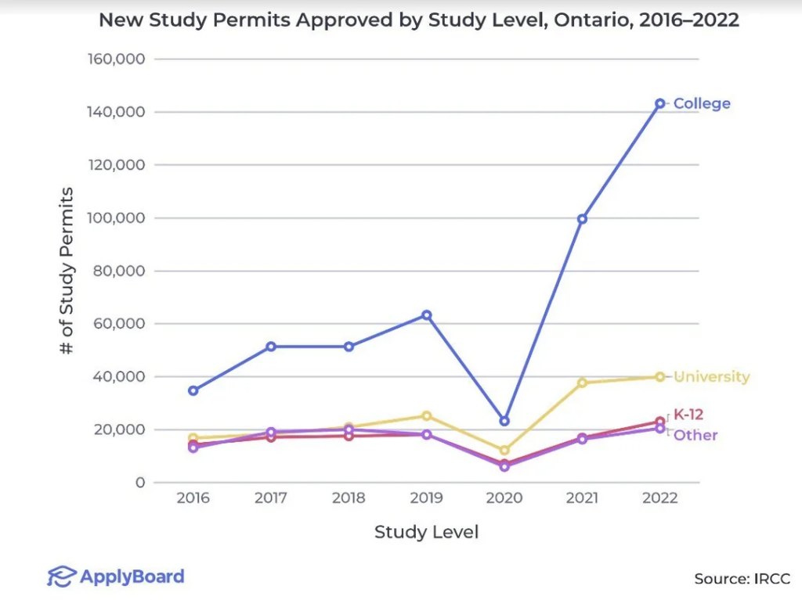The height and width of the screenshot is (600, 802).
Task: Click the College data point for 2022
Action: click(660, 103)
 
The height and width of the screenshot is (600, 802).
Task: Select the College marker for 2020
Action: click(504, 421)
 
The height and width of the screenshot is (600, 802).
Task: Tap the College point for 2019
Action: click(427, 315)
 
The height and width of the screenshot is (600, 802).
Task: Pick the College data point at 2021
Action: click(582, 219)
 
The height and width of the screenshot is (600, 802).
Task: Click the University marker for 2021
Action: click(582, 383)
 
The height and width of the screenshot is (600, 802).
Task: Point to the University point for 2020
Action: click(504, 451)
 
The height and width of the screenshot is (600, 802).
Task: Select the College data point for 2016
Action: click(193, 390)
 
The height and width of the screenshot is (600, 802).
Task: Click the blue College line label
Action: click(702, 103)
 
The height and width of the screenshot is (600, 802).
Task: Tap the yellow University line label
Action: click(711, 377)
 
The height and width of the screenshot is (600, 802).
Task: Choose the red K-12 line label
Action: click(688, 415)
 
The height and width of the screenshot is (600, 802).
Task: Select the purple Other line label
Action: click(695, 435)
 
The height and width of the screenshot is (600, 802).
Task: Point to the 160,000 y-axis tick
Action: click(116, 59)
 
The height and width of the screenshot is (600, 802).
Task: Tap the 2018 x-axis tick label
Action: click(349, 498)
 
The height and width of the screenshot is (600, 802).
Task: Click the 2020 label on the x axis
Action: click(504, 498)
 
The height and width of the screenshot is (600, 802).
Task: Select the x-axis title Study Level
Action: click(426, 533)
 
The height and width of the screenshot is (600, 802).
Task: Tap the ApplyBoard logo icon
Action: click(61, 577)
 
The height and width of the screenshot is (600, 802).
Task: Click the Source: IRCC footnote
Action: click(742, 579)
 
